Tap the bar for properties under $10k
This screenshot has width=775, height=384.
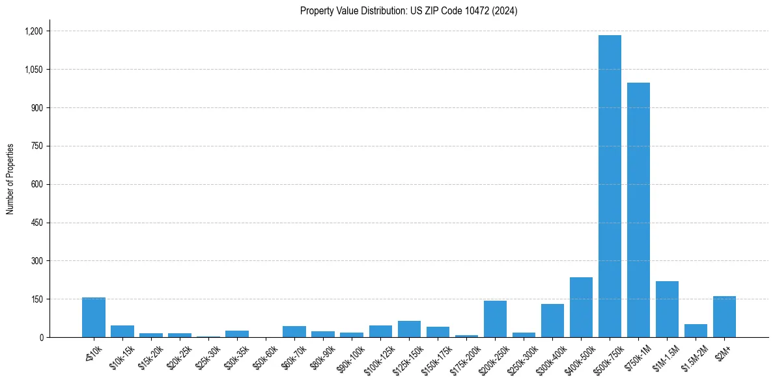point(94,317)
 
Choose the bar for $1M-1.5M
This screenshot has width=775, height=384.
point(667,309)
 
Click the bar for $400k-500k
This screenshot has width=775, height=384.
point(581,307)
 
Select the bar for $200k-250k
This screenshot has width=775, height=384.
point(495,319)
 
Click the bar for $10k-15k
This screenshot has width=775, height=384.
point(122,331)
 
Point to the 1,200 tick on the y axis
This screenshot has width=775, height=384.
point(33,31)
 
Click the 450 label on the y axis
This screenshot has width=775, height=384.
point(36,223)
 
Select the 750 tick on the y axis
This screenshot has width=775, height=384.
point(36,146)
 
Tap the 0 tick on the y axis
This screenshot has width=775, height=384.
point(40,337)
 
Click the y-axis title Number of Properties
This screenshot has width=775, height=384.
point(10,179)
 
